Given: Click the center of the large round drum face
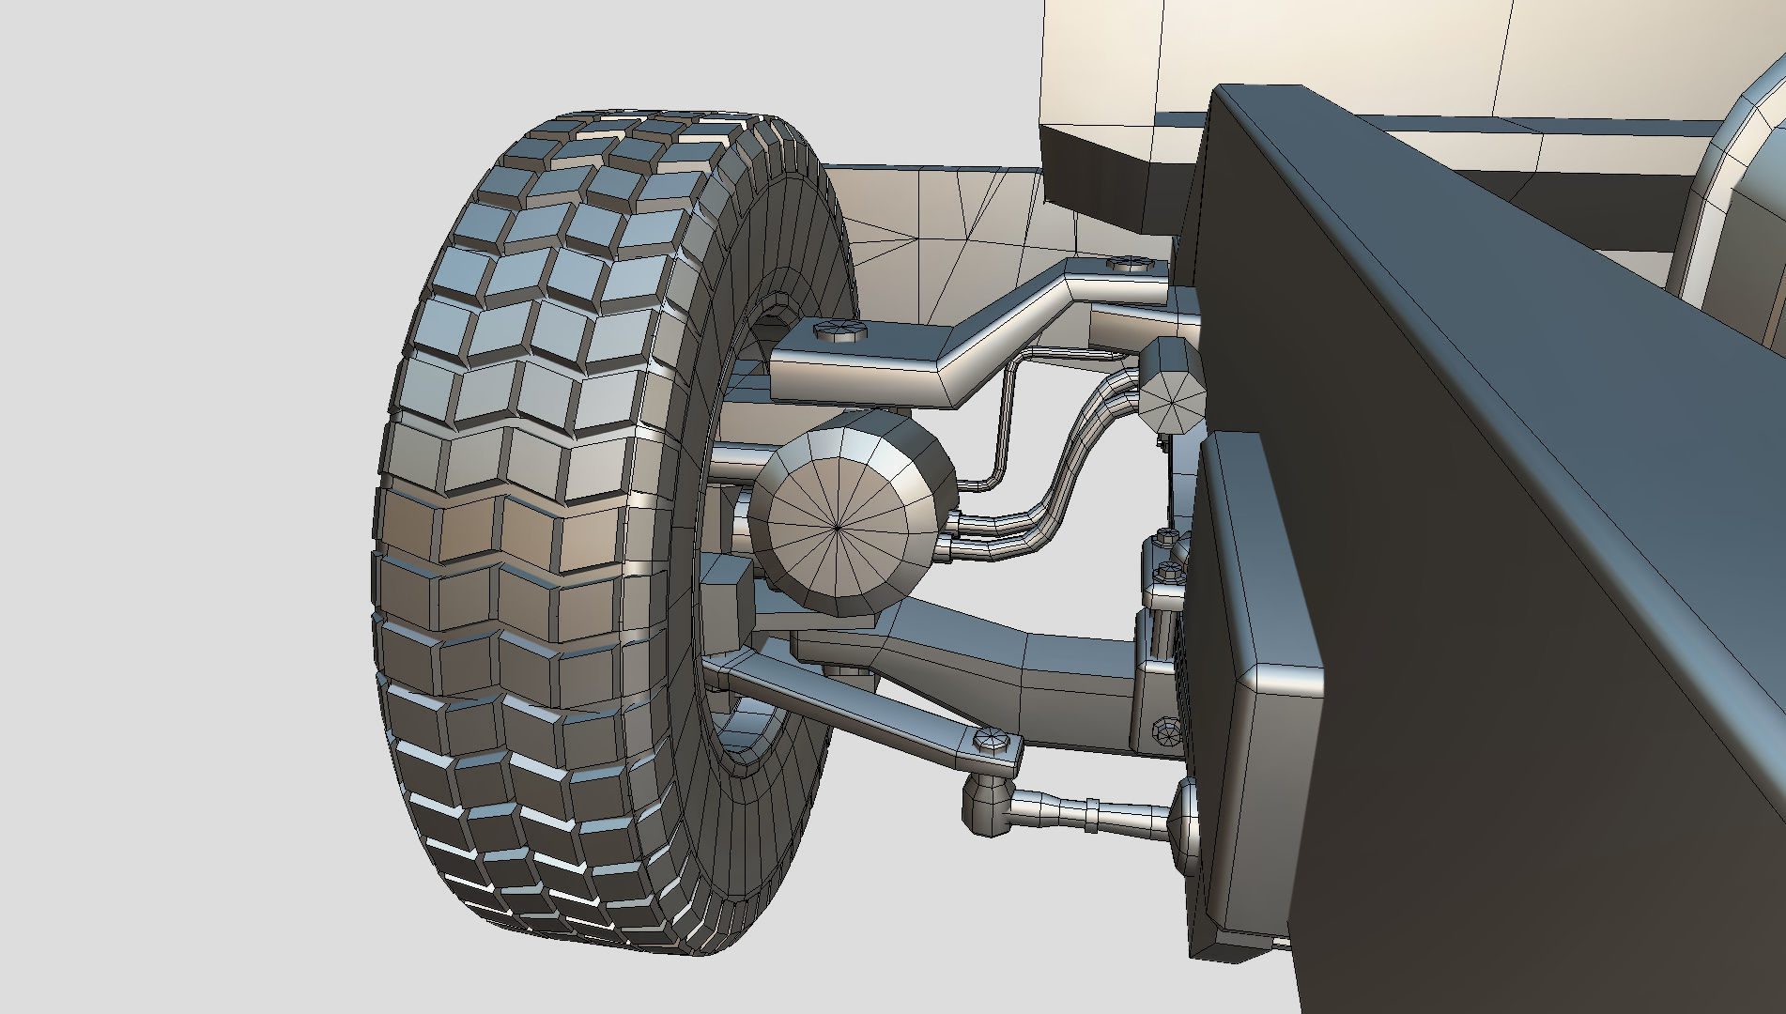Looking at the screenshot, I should pos(836,528).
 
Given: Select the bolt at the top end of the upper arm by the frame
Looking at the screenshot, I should pos(1130,264).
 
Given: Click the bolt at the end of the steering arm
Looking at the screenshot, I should pos(991,739).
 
